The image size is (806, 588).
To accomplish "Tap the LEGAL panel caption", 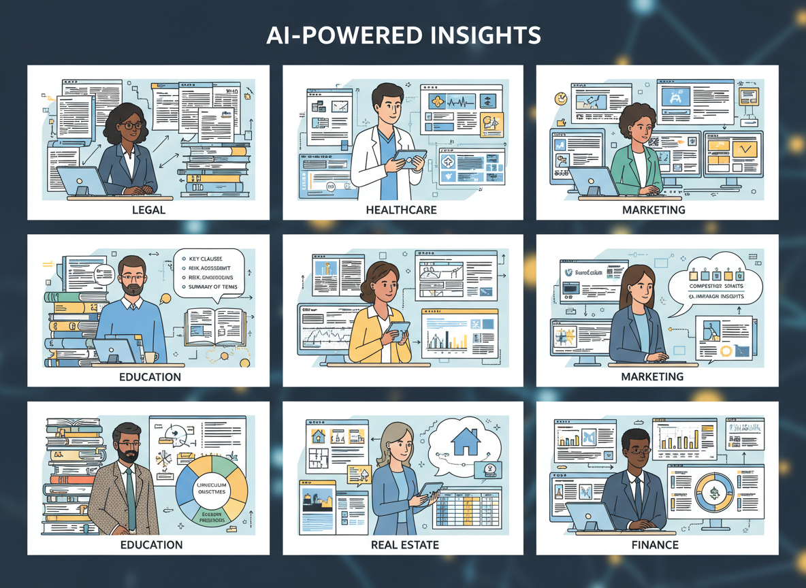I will pyautogui.click(x=148, y=210).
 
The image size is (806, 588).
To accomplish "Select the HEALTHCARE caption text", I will pyautogui.click(x=402, y=210).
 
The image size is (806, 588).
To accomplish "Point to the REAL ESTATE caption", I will pyautogui.click(x=405, y=544).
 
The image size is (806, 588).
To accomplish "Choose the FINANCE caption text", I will pyautogui.click(x=654, y=544).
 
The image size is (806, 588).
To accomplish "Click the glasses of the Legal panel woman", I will pyautogui.click(x=132, y=125).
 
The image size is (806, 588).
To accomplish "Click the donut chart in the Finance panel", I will pyautogui.click(x=713, y=493).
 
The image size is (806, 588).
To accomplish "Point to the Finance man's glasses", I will pyautogui.click(x=639, y=450).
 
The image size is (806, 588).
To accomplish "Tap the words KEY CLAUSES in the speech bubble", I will pyautogui.click(x=212, y=259).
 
